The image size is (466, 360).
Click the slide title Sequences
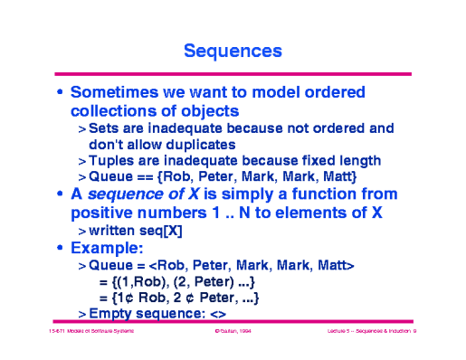232,51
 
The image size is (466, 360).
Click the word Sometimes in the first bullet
117,92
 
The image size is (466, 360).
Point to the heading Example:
109,248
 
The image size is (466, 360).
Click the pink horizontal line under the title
233,73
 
